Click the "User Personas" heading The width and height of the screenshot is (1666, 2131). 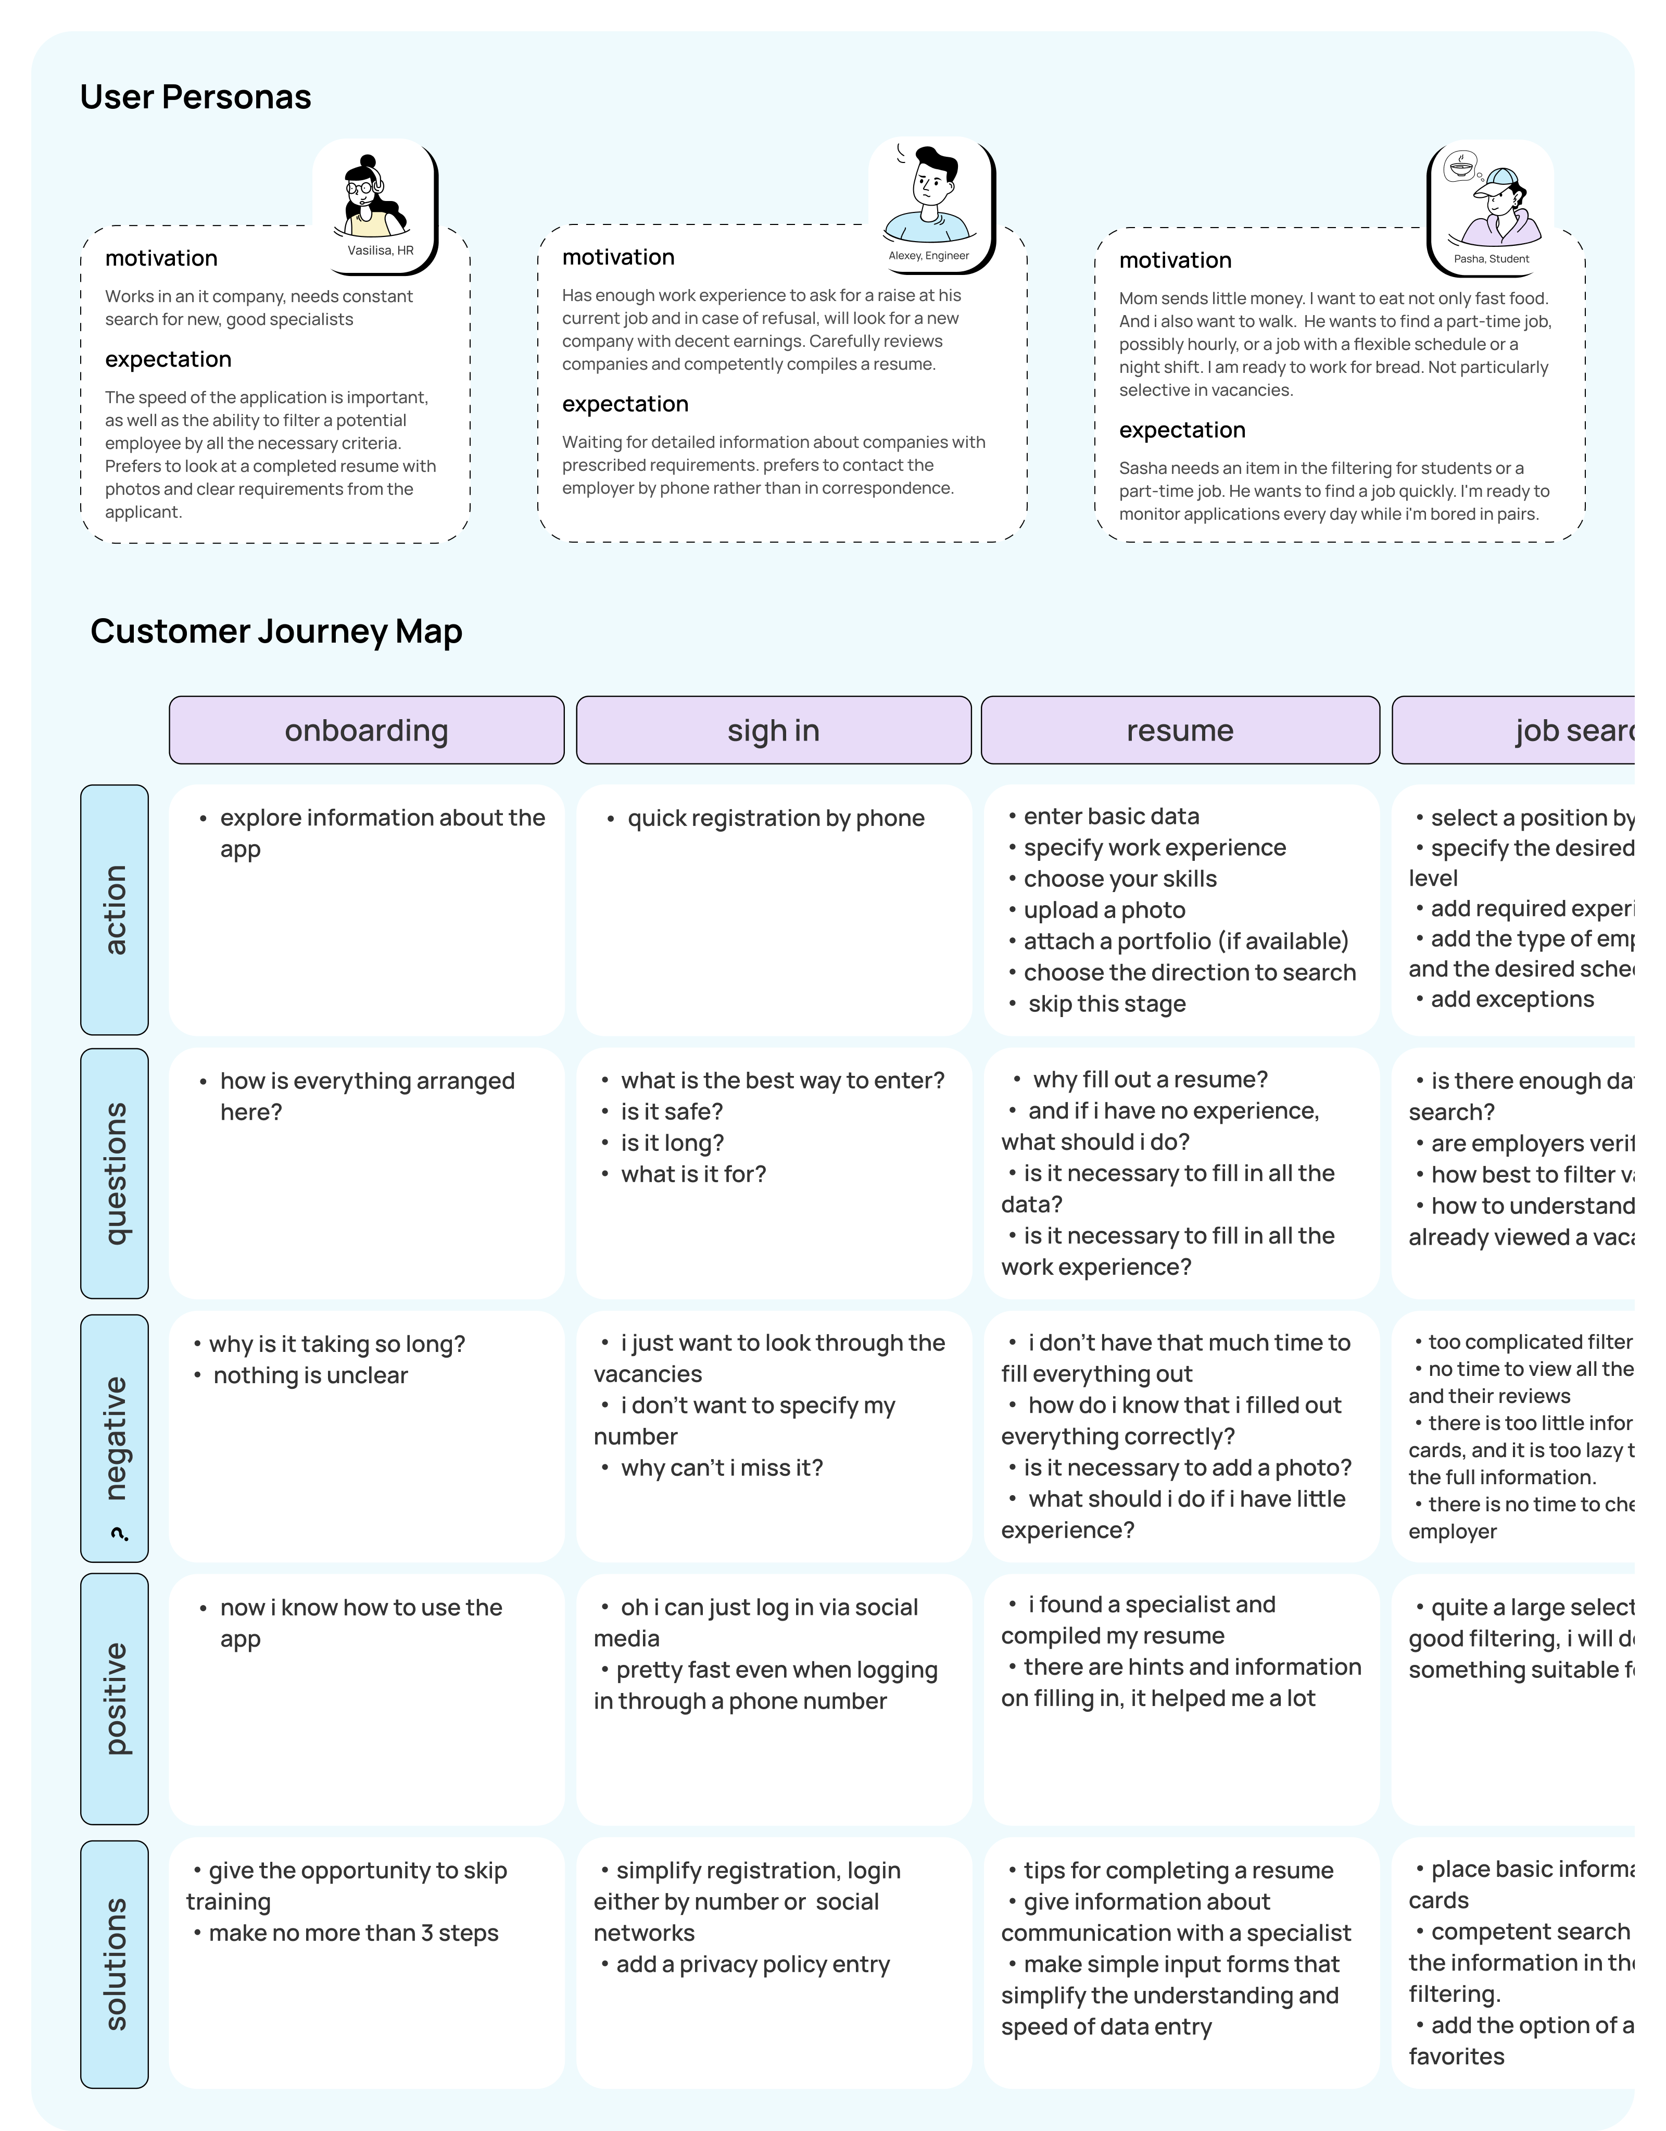pos(195,96)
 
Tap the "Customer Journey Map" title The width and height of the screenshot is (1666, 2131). pos(276,631)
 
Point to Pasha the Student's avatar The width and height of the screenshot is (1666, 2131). pos(1491,205)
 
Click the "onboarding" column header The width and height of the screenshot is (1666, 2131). pos(367,730)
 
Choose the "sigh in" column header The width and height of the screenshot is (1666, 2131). pos(774,730)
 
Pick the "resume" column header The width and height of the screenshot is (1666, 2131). pos(1180,730)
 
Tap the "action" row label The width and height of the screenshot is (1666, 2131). pos(115,909)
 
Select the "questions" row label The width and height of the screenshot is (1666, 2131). pos(115,1174)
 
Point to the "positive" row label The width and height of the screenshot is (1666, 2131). pos(115,1699)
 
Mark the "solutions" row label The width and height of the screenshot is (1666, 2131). pos(115,1964)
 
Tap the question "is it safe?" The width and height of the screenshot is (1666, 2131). pos(672,1111)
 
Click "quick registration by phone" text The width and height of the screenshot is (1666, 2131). pos(775,818)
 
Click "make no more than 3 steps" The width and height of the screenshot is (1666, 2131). pos(353,1933)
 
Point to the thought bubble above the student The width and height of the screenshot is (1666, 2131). pos(1460,168)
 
